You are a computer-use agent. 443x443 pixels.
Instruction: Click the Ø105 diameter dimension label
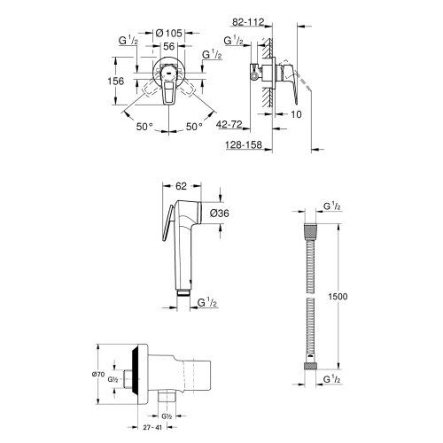[168, 33]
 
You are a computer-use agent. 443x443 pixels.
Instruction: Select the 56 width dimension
[169, 46]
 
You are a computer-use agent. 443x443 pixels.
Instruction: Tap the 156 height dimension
[116, 81]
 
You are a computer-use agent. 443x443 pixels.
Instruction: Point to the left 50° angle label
[144, 127]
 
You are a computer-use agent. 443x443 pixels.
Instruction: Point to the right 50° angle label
[194, 127]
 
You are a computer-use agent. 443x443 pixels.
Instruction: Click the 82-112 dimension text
[248, 22]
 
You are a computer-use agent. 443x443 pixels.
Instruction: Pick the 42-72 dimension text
[229, 124]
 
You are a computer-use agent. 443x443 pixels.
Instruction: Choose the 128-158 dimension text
[244, 144]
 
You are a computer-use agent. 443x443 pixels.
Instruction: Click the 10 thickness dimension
[296, 114]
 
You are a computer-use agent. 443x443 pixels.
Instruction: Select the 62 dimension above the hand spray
[181, 186]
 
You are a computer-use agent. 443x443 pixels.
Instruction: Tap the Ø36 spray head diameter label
[220, 213]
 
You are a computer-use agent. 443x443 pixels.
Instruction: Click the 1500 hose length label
[338, 296]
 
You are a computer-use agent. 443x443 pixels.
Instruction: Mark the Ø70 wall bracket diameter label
[98, 374]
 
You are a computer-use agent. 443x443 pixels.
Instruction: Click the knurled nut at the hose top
[310, 229]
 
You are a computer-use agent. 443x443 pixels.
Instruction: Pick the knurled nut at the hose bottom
[310, 366]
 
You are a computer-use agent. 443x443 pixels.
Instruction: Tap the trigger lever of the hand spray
[167, 223]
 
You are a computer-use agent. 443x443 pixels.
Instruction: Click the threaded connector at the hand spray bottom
[183, 292]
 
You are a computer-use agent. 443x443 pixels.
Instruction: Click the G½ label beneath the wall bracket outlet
[167, 416]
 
